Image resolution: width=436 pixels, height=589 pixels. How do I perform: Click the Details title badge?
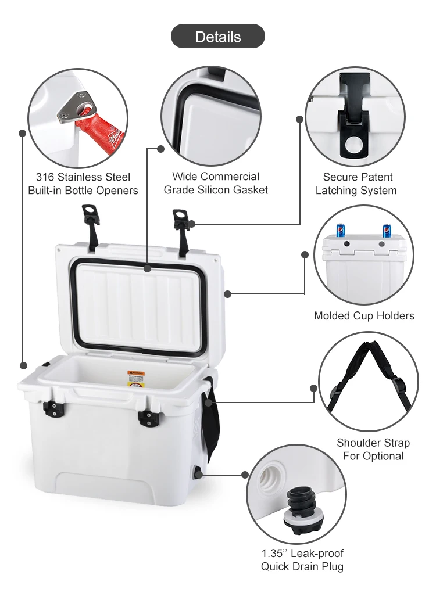pos(217,37)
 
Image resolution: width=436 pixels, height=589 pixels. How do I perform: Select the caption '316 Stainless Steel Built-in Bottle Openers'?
pos(83,184)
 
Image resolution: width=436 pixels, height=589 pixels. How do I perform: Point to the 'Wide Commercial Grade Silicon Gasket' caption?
pos(216,183)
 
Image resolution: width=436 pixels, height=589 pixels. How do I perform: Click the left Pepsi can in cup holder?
pos(342,231)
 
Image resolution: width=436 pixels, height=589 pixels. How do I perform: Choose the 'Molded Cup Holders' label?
pos(364,316)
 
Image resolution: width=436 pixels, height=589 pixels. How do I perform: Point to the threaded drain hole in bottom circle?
pos(271,480)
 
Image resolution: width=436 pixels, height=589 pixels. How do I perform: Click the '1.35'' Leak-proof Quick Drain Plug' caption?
pos(302,560)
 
